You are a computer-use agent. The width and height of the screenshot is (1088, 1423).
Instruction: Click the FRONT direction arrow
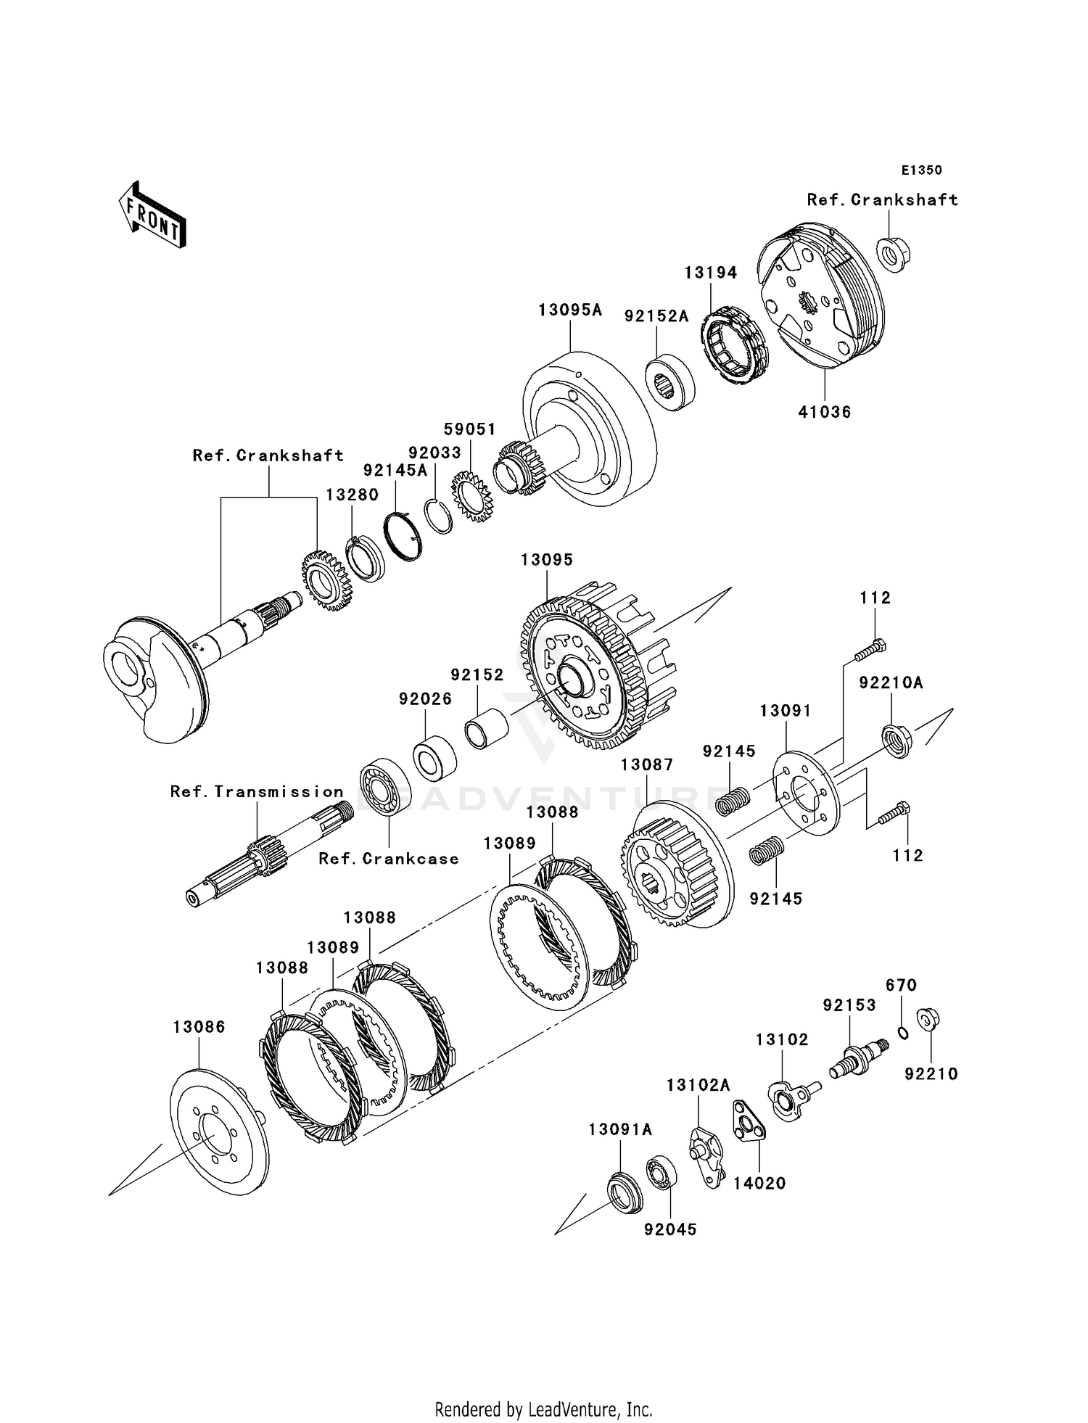pos(153,215)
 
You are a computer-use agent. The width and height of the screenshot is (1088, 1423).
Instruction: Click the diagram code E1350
pos(921,170)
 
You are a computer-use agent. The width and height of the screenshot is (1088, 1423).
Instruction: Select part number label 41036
pos(824,412)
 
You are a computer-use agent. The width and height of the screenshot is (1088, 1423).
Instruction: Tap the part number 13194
pos(711,273)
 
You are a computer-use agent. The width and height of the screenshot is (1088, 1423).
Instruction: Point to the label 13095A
pos(570,310)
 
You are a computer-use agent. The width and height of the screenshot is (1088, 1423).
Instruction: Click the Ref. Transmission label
pos(257,791)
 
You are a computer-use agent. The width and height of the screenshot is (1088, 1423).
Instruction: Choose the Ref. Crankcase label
pos(389,859)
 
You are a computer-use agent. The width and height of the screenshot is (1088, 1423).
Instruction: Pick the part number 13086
pos(199,1027)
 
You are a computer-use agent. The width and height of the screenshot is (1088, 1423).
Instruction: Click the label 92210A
pos(891,682)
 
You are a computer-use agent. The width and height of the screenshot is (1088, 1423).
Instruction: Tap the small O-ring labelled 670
pos(903,1033)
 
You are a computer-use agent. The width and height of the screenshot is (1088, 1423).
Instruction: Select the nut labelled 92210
pos(928,1019)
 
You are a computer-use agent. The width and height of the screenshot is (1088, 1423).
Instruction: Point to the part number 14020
pos(759,1183)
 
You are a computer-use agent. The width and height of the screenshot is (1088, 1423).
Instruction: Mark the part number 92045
pos(670,1229)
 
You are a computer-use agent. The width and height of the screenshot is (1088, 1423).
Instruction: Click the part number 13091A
pos(620,1129)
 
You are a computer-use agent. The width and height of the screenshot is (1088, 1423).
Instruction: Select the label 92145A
pos(395,470)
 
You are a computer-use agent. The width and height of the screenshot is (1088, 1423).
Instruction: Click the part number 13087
pos(647,764)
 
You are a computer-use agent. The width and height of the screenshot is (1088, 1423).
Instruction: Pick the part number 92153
pos(849,1005)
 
